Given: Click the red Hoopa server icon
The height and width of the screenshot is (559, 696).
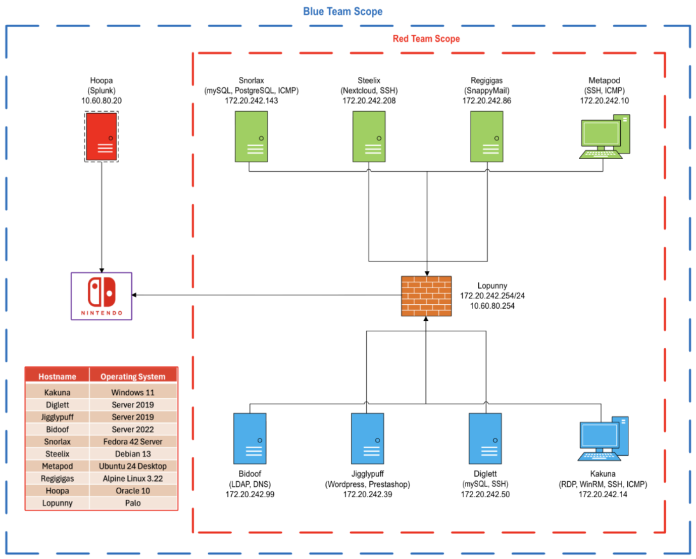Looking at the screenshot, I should coord(102,136).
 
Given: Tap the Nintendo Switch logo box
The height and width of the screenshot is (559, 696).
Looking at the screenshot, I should coord(102,296).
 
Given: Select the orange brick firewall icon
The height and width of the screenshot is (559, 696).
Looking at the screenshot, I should coord(426,296).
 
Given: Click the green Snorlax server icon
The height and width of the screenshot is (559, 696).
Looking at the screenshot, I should coord(251,136).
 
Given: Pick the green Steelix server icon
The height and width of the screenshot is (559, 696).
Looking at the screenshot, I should coord(369,136).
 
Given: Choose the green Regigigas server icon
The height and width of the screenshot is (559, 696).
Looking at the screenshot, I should coord(486,136).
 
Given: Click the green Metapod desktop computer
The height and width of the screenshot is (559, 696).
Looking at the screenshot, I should coord(604,136).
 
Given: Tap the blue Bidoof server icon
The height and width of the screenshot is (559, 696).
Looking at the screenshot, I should coord(250,438).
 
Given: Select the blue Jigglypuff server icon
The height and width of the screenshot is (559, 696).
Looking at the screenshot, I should coord(367,438).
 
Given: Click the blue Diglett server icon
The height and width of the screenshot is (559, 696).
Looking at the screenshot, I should coord(485,438).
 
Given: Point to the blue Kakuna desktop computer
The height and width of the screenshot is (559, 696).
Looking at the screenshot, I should coord(603,438).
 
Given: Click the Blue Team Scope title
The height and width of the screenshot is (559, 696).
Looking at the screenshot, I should coord(342,11).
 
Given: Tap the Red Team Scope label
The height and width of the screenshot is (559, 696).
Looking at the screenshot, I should coord(426,38).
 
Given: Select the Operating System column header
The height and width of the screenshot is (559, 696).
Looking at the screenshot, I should coord(133,377).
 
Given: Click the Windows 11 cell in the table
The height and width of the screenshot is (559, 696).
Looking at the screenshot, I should coord(133,392).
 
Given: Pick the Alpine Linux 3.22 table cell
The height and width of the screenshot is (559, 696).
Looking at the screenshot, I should coord(133,478).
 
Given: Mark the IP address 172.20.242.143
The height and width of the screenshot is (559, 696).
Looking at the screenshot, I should coord(251,101).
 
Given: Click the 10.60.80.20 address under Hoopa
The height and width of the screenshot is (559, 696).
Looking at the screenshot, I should coord(102,101).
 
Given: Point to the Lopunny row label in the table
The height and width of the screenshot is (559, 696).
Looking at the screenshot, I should coord(57,503).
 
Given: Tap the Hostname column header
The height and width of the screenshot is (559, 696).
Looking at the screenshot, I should coord(57,377).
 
